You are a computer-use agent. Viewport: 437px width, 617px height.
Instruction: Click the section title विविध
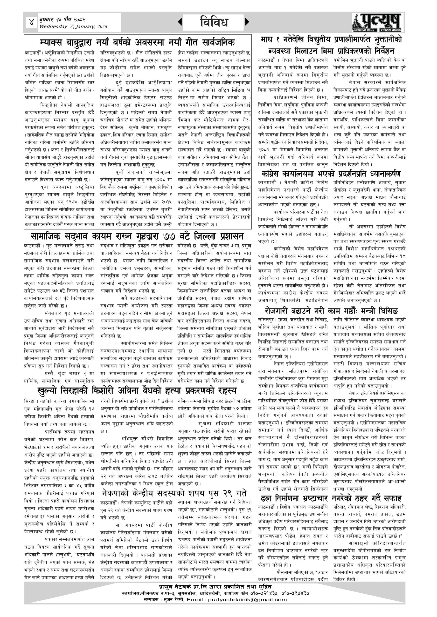pyautogui.click(x=214, y=22)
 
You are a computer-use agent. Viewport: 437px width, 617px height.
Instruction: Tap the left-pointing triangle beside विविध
pyautogui.click(x=180, y=22)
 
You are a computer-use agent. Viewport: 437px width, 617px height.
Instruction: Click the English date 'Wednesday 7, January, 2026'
pyautogui.click(x=73, y=27)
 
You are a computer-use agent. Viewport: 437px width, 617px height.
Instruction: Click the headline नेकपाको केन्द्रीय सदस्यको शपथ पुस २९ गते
pyautogui.click(x=174, y=493)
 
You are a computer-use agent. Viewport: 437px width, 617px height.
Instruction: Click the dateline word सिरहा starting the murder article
pyautogui.click(x=29, y=401)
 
